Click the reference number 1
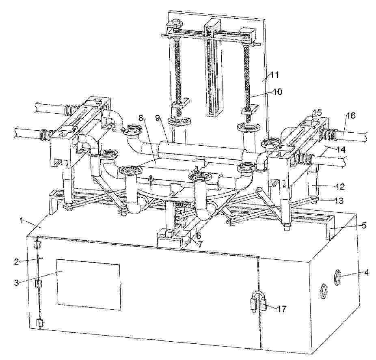pyautogui.click(x=22, y=220)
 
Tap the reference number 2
pyautogui.click(x=16, y=261)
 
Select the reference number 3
pyautogui.click(x=16, y=282)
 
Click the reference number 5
pyautogui.click(x=364, y=225)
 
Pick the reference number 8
pyautogui.click(x=140, y=118)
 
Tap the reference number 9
pyautogui.click(x=157, y=118)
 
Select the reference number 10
pyautogui.click(x=277, y=92)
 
